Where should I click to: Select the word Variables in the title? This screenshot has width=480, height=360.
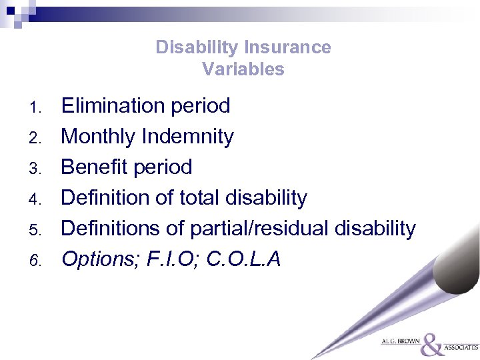click(x=243, y=69)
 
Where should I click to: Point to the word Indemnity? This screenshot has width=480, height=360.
click(x=188, y=137)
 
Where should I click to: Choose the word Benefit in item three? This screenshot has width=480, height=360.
click(x=94, y=167)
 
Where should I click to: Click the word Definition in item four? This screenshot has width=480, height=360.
click(x=108, y=198)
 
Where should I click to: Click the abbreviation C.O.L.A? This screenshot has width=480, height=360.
click(x=244, y=259)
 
